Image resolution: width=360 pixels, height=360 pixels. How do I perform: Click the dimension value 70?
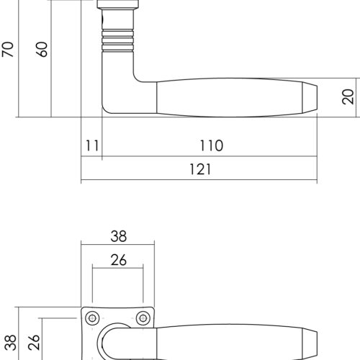8,50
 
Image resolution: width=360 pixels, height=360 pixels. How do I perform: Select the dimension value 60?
42,50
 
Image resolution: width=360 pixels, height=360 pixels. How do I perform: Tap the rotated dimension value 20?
348,96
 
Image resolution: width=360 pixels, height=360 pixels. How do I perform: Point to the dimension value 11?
92,145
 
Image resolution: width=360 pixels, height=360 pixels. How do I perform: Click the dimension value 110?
212,145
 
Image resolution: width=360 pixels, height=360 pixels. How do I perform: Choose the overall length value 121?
200,169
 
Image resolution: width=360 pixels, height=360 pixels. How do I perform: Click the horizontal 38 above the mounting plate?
119,236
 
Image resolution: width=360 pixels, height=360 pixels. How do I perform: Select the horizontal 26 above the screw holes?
119,260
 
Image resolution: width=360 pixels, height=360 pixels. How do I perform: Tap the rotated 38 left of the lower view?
11,343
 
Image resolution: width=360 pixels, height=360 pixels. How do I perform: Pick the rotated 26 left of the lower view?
34,342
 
